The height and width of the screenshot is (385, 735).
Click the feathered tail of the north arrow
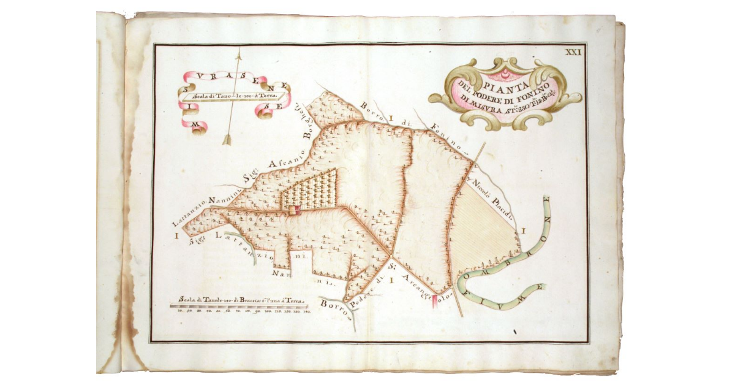(227, 139)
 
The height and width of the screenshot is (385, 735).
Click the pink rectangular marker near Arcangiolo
(435, 302)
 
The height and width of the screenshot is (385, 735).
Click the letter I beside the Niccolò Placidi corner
(524, 231)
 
